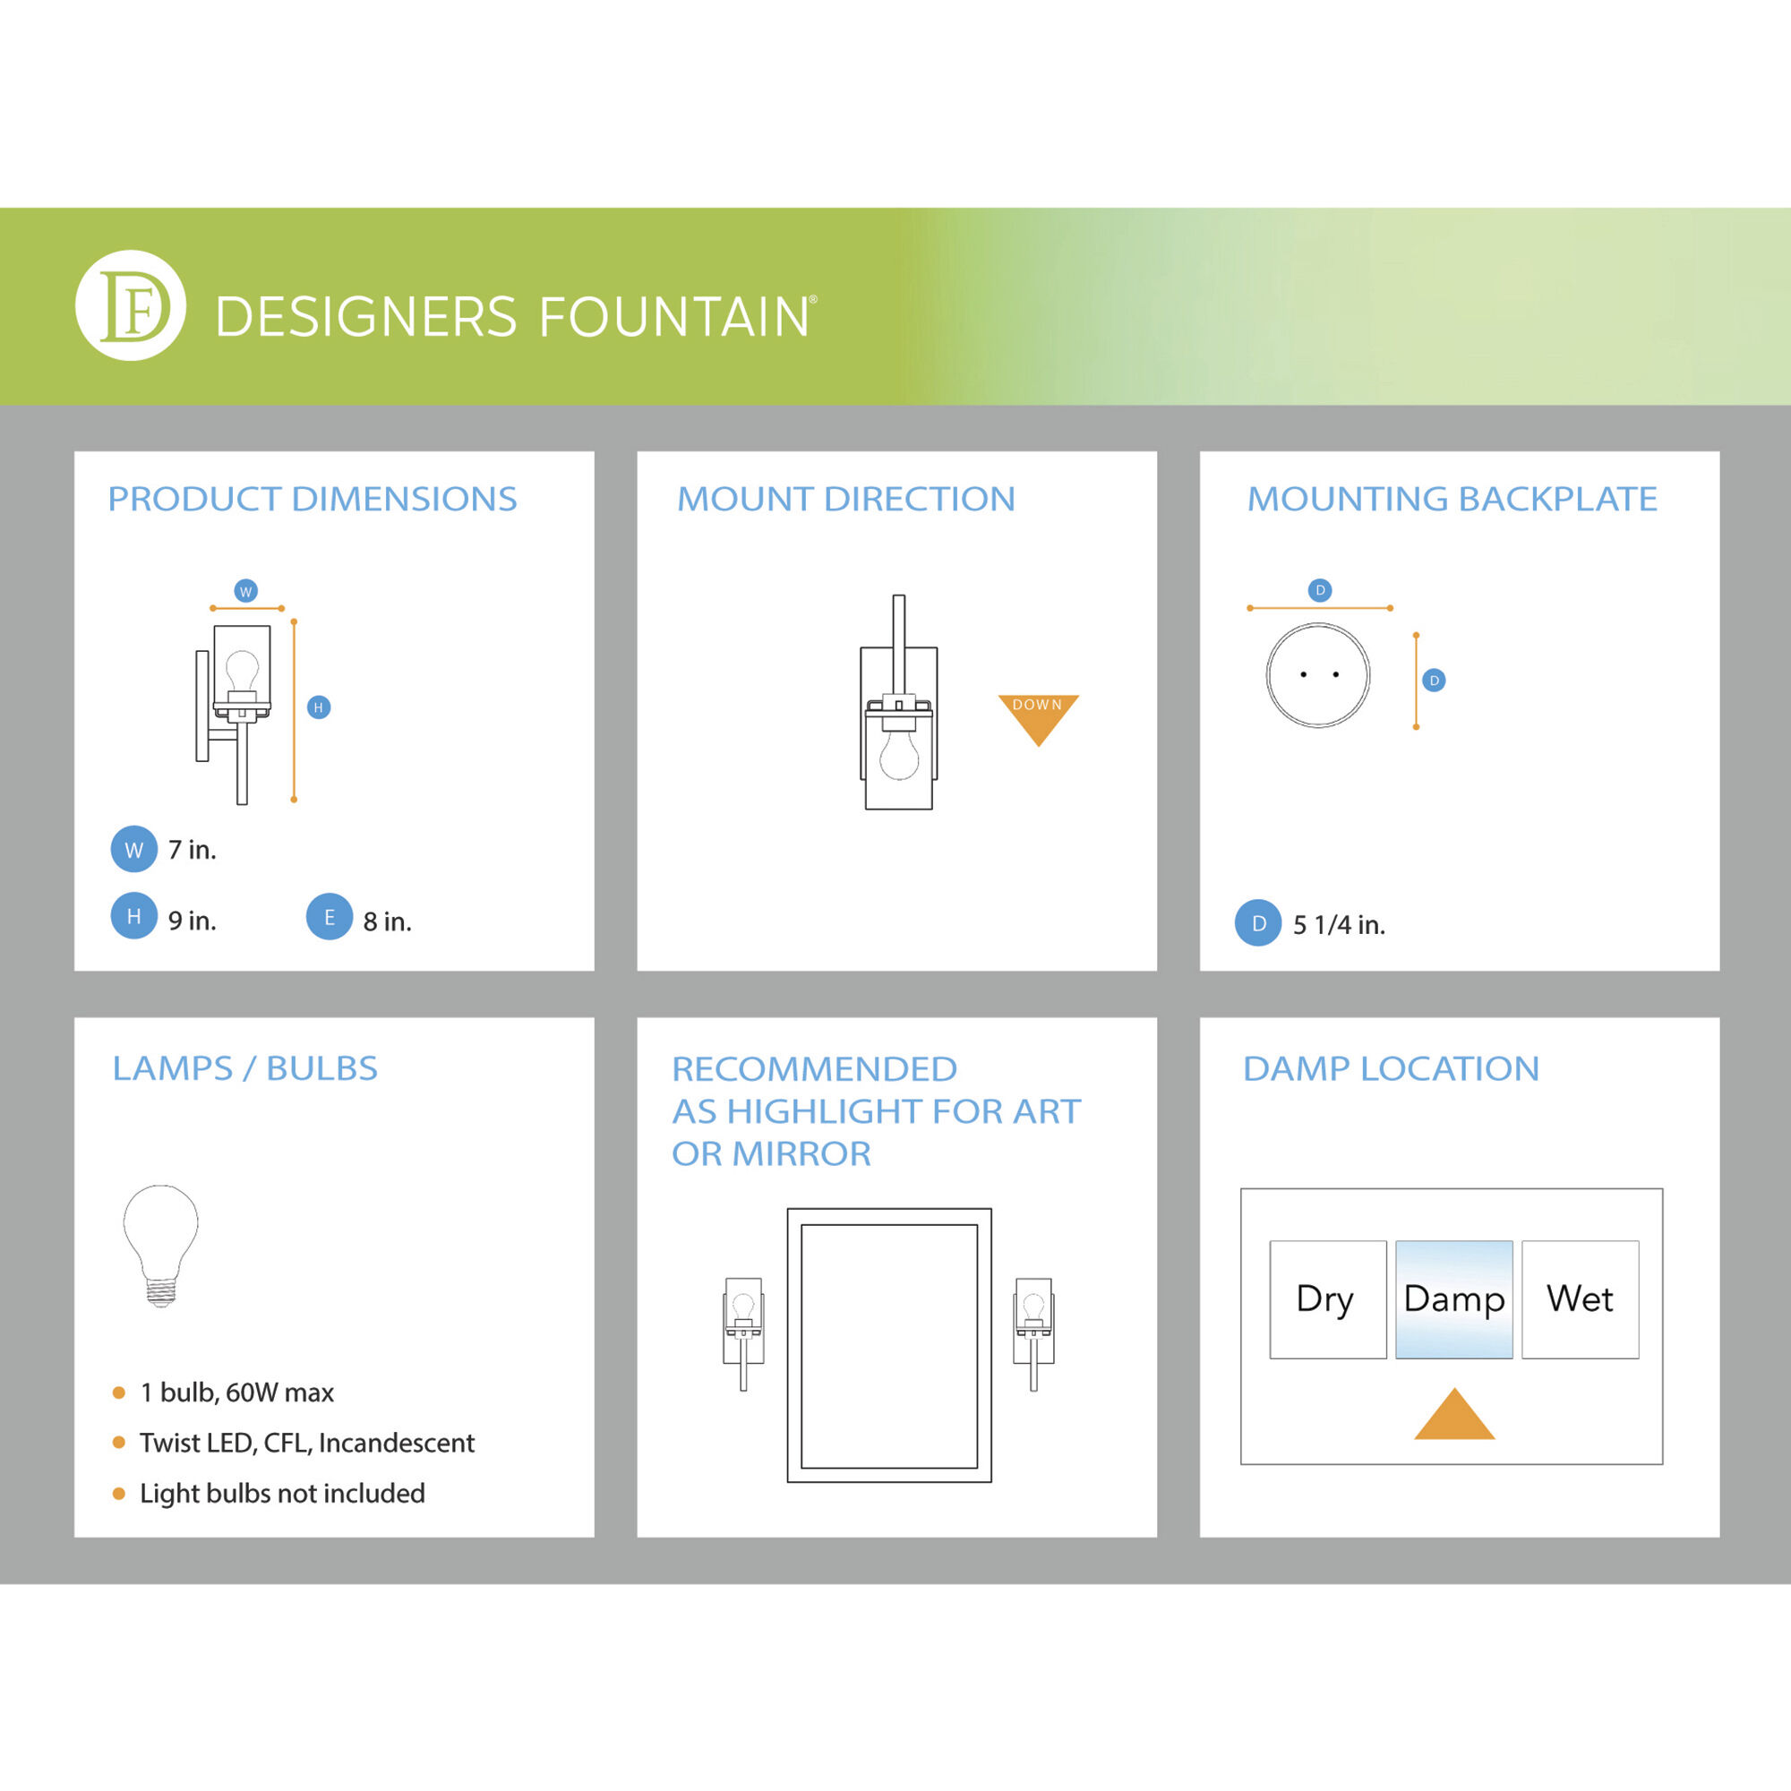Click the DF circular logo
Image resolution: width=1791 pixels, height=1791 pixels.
click(x=130, y=305)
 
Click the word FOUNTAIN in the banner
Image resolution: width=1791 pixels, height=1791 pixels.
click(x=674, y=317)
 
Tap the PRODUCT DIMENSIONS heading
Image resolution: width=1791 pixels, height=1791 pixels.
click(x=313, y=499)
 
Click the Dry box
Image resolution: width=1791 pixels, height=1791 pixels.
click(x=1327, y=1299)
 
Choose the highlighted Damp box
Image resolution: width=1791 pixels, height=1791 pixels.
click(x=1453, y=1299)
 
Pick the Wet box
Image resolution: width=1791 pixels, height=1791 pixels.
click(x=1580, y=1299)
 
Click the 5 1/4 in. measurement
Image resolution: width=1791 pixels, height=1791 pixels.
click(x=1339, y=924)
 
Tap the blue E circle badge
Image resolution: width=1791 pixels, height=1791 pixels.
click(x=329, y=917)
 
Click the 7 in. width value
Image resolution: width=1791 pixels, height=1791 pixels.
click(x=192, y=849)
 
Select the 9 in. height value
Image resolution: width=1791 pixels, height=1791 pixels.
click(x=192, y=921)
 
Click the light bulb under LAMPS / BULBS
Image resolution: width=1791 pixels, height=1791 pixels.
click(x=160, y=1245)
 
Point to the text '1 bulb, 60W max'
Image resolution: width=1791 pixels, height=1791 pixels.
click(x=236, y=1393)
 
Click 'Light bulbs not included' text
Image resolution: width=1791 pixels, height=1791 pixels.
click(x=282, y=1494)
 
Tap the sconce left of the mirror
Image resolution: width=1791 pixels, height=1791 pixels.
click(x=743, y=1333)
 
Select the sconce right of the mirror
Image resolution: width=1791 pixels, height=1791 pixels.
click(x=1033, y=1333)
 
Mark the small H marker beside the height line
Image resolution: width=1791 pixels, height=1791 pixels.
click(x=318, y=707)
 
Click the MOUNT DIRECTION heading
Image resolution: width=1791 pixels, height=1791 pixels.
click(x=845, y=499)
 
